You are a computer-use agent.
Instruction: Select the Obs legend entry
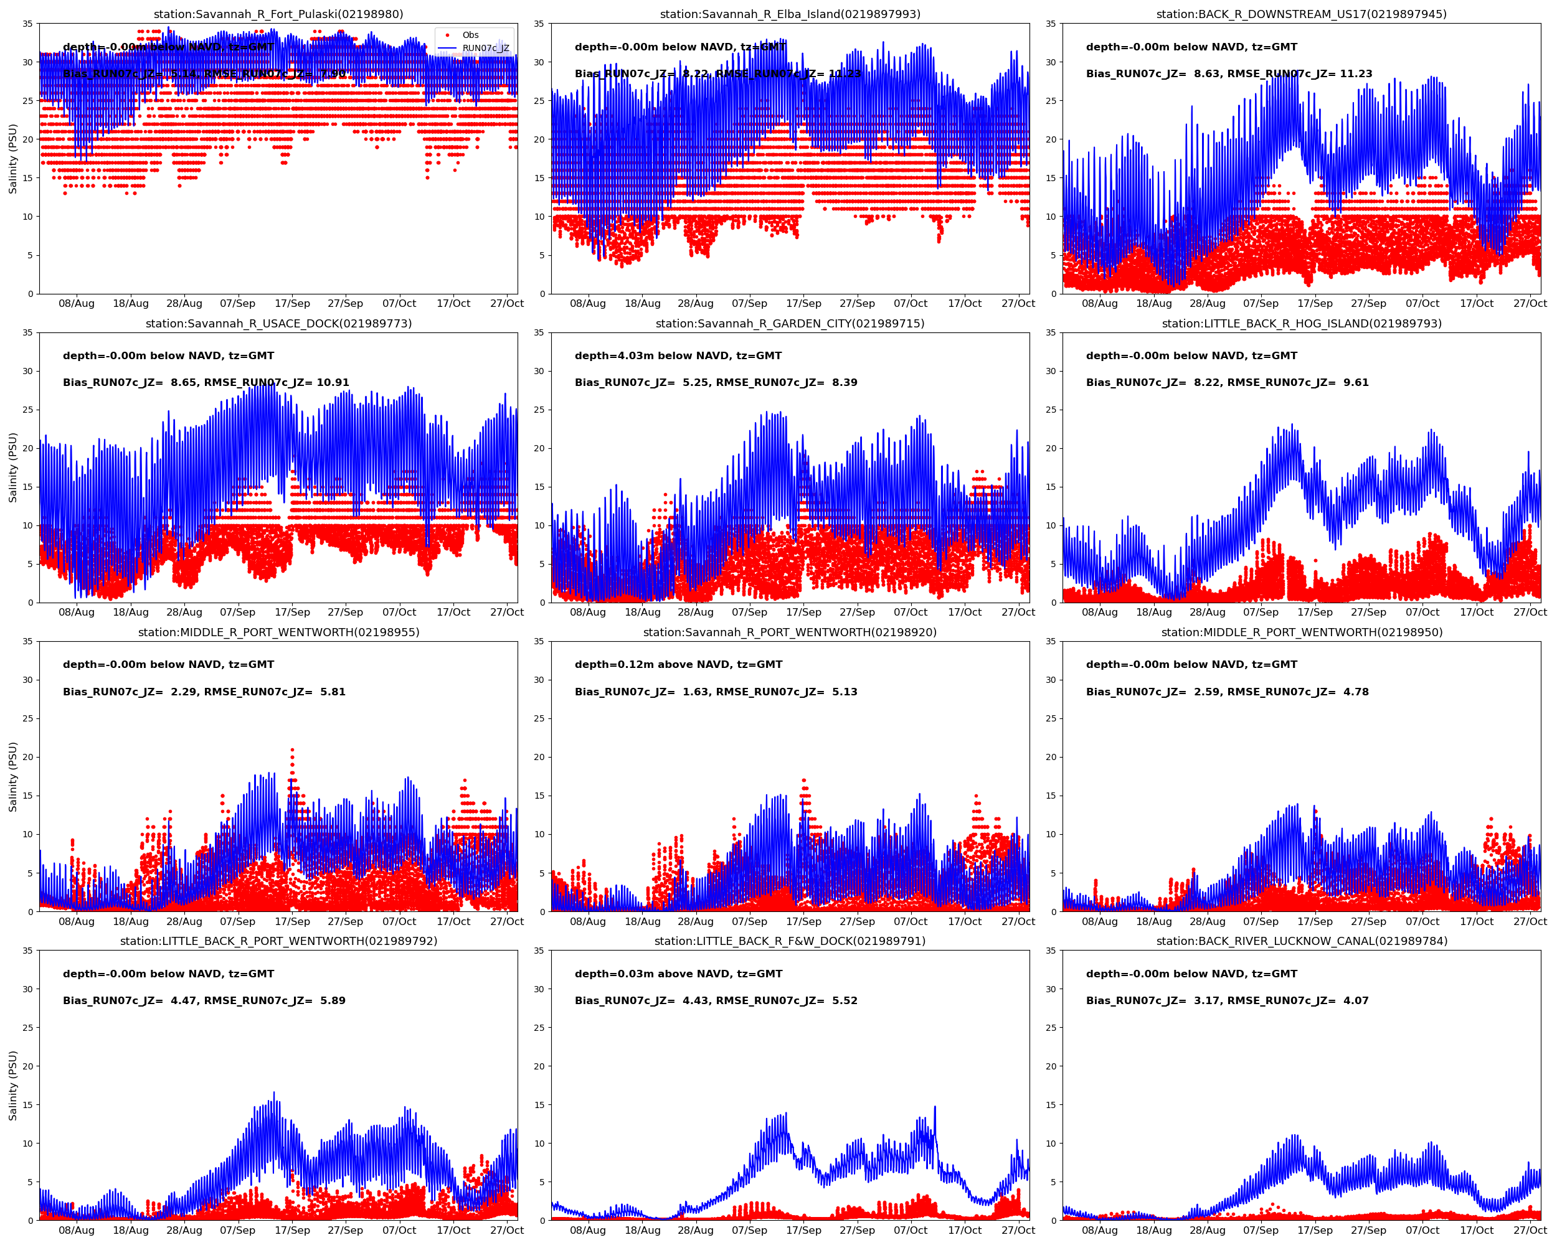(470, 35)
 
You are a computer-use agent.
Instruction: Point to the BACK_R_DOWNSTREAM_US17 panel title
(1302, 14)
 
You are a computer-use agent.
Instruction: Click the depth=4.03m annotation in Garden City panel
(678, 356)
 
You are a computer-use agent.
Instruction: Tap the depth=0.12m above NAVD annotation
(678, 665)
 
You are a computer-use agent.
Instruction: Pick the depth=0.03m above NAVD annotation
(678, 974)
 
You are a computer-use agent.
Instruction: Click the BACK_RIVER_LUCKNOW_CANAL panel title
(1302, 941)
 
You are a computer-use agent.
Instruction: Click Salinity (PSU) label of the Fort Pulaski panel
(12, 159)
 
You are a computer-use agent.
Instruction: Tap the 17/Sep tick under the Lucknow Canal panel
(1315, 1231)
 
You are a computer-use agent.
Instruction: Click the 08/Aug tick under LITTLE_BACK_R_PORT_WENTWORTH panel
(77, 1231)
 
